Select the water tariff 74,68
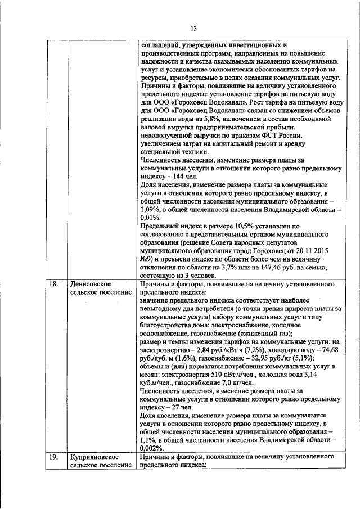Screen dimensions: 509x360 [x=326, y=349]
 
